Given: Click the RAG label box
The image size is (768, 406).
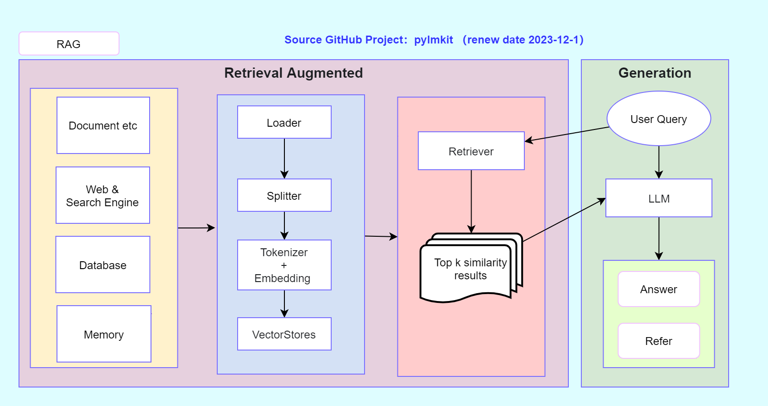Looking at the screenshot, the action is coord(69,43).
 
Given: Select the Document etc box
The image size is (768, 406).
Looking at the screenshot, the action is coord(103,125).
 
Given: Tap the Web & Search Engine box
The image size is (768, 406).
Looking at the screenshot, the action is coord(103,195).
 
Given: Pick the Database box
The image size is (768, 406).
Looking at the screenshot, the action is coord(103,265).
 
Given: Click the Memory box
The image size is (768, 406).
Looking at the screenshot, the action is coord(104,334).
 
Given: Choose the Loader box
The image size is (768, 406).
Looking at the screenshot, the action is coord(284,122).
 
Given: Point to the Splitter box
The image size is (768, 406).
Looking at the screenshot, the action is coord(284,195).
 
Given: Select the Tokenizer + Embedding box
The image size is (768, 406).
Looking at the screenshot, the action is coord(284,265).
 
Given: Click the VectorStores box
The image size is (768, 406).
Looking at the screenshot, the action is coord(284,334).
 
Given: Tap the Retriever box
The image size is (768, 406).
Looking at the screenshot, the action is coord(471,151).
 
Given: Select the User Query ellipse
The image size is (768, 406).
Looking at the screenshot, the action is coord(659,118).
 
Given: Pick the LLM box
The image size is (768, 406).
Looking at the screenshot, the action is coord(659,198).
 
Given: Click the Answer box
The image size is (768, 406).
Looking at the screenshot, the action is coord(659,289).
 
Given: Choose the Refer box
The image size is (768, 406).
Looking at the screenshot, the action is coord(659,341).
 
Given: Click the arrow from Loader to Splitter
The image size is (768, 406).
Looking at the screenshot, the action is coord(284,159).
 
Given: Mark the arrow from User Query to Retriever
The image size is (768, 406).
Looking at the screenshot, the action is coord(567,134).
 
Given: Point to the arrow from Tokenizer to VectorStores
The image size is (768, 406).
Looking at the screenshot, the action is coord(284,304).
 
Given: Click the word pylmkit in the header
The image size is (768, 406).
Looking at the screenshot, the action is coord(434,40).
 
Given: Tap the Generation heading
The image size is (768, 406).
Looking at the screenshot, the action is coord(655,73).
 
